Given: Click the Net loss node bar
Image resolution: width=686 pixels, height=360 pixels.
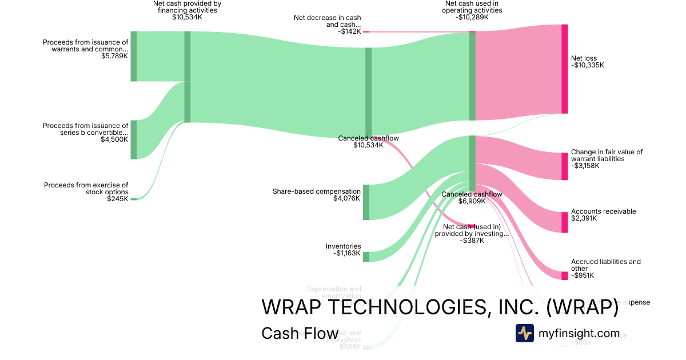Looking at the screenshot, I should [x=565, y=69].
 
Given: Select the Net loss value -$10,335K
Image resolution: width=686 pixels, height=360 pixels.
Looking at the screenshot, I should [x=587, y=65].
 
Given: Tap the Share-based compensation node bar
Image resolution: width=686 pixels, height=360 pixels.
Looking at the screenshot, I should [x=366, y=202].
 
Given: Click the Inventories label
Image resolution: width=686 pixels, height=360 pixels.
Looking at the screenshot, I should [x=343, y=246].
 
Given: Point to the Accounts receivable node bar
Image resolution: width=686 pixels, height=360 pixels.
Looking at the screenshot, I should [x=565, y=222].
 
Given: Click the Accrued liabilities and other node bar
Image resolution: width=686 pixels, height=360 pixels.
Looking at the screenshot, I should [x=565, y=275].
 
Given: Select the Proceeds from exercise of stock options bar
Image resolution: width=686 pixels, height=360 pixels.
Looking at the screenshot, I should [x=134, y=199].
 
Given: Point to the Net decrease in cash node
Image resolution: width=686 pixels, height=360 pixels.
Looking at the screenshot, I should [x=366, y=32].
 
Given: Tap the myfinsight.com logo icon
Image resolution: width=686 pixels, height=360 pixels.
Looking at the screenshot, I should [x=524, y=333].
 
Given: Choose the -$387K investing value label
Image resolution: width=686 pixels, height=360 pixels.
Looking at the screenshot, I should [x=472, y=241].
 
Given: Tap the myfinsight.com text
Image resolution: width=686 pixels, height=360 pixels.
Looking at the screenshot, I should [x=579, y=333].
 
